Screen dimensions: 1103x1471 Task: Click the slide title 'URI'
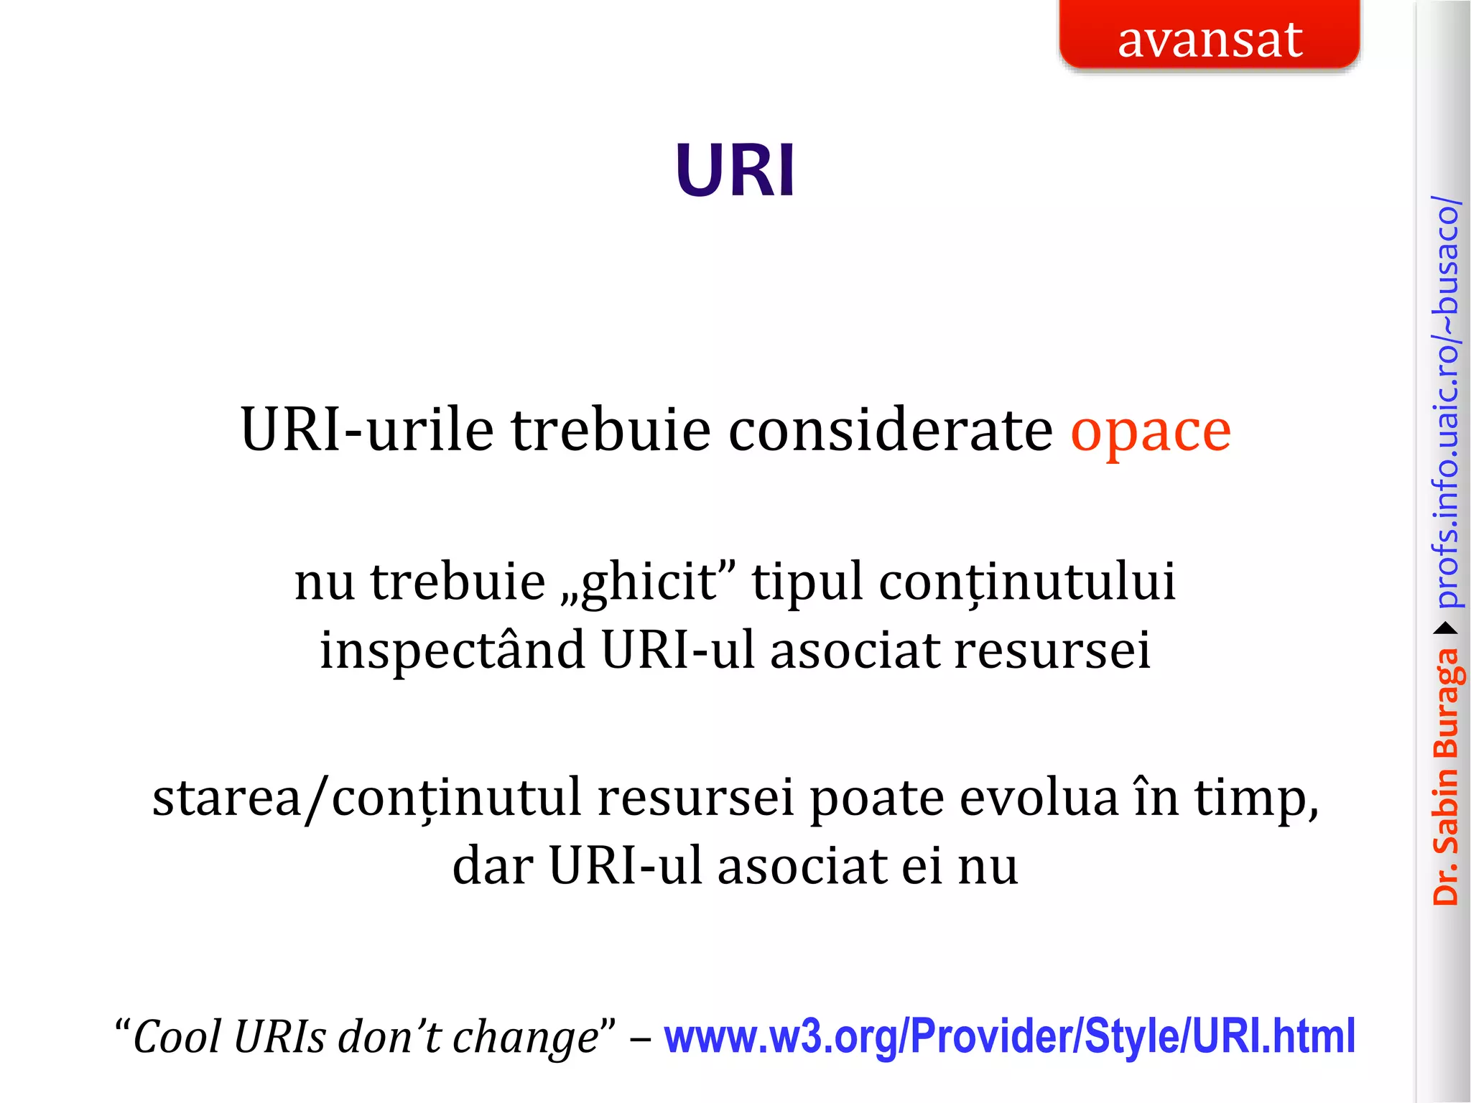[x=735, y=171]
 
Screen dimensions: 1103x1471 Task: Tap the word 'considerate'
[x=891, y=431]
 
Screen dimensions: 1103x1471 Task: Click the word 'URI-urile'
[x=367, y=431]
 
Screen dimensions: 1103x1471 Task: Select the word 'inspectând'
[x=452, y=651]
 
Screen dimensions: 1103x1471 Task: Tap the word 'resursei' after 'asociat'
[x=1052, y=651]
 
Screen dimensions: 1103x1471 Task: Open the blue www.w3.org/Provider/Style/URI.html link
[x=1009, y=1037]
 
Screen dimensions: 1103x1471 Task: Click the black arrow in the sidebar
[x=1446, y=629]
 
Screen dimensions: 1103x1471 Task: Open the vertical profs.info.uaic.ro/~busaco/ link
[x=1446, y=402]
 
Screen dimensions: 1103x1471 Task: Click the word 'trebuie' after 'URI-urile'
[x=611, y=431]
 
